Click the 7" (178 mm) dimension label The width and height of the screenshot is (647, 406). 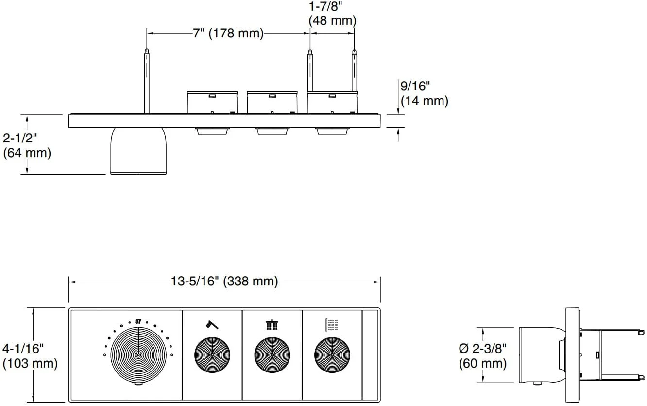[228, 33]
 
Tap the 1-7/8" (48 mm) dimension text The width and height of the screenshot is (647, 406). [332, 14]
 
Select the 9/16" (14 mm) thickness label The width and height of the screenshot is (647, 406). [424, 93]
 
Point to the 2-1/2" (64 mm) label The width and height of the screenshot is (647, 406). [27, 145]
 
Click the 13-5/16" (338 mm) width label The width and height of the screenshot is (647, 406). [224, 281]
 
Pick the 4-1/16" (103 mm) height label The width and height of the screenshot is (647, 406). [30, 356]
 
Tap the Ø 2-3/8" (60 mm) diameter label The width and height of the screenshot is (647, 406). [482, 356]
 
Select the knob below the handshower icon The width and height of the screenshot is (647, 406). [212, 355]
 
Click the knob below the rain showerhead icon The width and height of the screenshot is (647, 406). [272, 355]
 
